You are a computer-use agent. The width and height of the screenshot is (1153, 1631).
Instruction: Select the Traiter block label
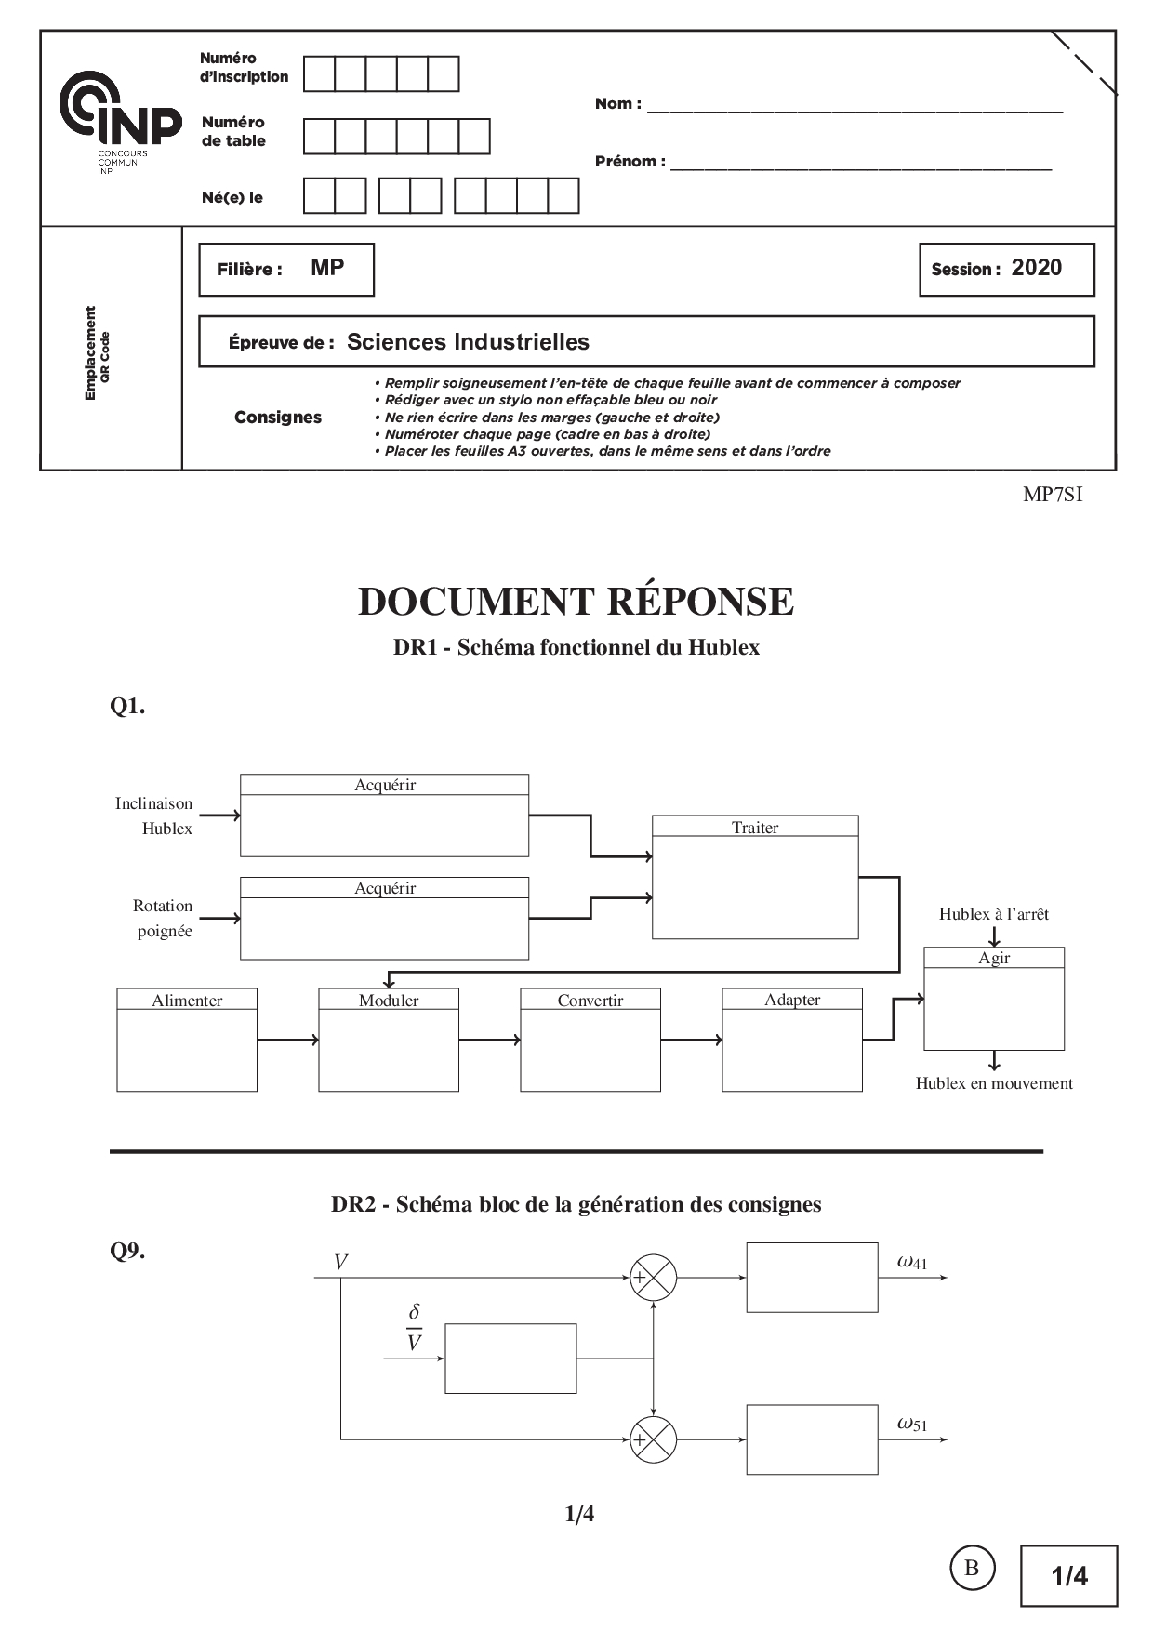pyautogui.click(x=754, y=828)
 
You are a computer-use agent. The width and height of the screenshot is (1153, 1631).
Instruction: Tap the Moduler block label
pyautogui.click(x=389, y=1001)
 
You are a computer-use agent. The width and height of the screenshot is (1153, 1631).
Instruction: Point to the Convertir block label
pyautogui.click(x=590, y=1001)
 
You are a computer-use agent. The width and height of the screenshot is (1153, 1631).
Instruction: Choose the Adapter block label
pyautogui.click(x=792, y=1000)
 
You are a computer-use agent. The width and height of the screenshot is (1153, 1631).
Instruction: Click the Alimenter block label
pyautogui.click(x=187, y=1001)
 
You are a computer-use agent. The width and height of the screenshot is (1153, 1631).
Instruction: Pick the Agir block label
pyautogui.click(x=994, y=958)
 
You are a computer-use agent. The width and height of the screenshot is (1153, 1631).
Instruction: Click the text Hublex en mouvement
pyautogui.click(x=994, y=1083)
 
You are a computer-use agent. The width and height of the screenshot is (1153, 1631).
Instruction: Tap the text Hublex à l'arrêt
pyautogui.click(x=993, y=914)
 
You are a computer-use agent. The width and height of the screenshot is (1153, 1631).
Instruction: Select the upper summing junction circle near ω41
pyautogui.click(x=654, y=1278)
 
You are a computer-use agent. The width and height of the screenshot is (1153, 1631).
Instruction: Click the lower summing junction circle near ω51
pyautogui.click(x=654, y=1440)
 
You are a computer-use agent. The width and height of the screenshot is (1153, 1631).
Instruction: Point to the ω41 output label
pyautogui.click(x=912, y=1263)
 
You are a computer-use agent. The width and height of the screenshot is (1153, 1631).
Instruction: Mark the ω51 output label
pyautogui.click(x=912, y=1424)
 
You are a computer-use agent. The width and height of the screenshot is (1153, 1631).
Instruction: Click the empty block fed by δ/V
pyautogui.click(x=510, y=1359)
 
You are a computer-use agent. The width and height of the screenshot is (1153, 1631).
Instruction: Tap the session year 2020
pyautogui.click(x=1036, y=268)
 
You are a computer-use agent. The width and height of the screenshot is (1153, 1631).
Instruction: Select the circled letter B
pyautogui.click(x=972, y=1568)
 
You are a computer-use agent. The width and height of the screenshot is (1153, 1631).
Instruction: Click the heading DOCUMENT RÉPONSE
pyautogui.click(x=576, y=602)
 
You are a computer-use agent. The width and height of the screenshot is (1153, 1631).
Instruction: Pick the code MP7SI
pyautogui.click(x=1053, y=495)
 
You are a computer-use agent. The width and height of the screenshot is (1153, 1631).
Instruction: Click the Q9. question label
pyautogui.click(x=127, y=1252)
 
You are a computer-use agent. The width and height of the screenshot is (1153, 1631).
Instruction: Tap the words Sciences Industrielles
pyautogui.click(x=468, y=342)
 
